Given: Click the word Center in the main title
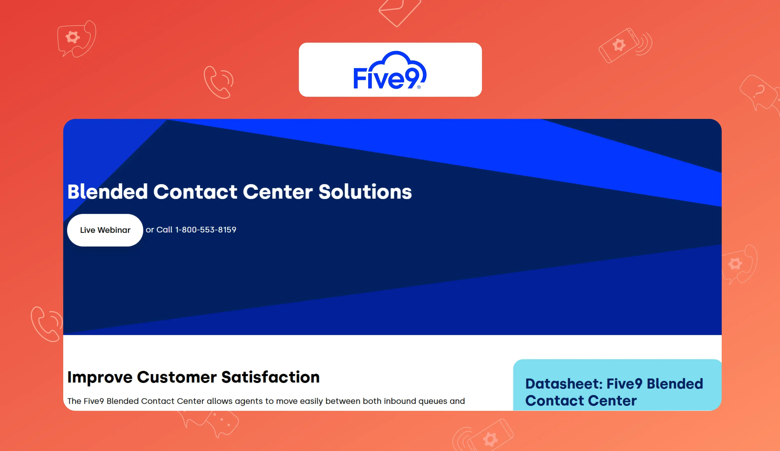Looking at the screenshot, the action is pos(278,192).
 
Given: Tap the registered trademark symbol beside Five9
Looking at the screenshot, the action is pos(419,87).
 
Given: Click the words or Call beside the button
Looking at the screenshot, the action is pos(159,230).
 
